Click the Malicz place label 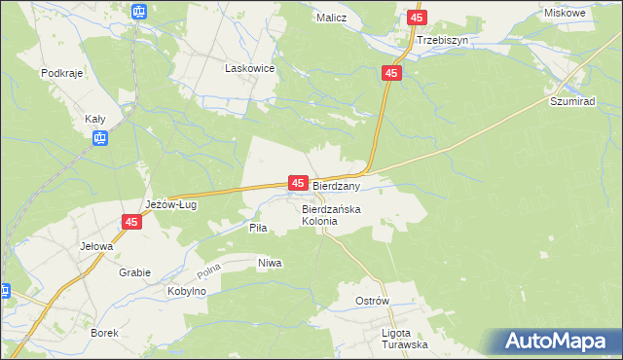(x=332, y=18)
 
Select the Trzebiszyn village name (x=443, y=41)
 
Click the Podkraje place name (x=60, y=73)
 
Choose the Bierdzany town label (x=337, y=185)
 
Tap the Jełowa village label (x=96, y=246)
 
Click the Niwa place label (x=270, y=263)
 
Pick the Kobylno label (x=186, y=291)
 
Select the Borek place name (x=103, y=333)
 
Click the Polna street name (x=210, y=267)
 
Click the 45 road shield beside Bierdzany (x=298, y=183)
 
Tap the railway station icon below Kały (x=99, y=139)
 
